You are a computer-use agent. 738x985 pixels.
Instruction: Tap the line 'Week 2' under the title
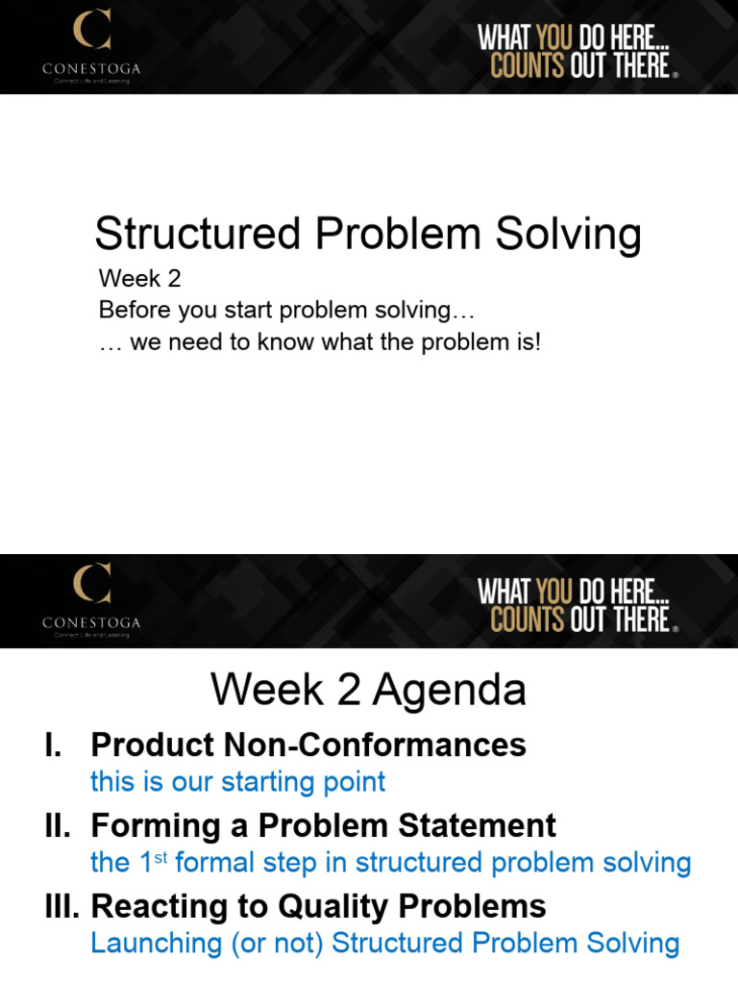[139, 279]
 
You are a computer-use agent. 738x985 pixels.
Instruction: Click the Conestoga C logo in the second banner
[92, 583]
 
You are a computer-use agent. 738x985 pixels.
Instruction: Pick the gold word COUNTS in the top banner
[527, 67]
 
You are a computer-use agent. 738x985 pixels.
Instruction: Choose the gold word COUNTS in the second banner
[527, 620]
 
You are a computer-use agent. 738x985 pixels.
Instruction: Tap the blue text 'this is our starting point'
[237, 781]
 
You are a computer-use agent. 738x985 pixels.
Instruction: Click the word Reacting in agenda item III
[157, 906]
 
